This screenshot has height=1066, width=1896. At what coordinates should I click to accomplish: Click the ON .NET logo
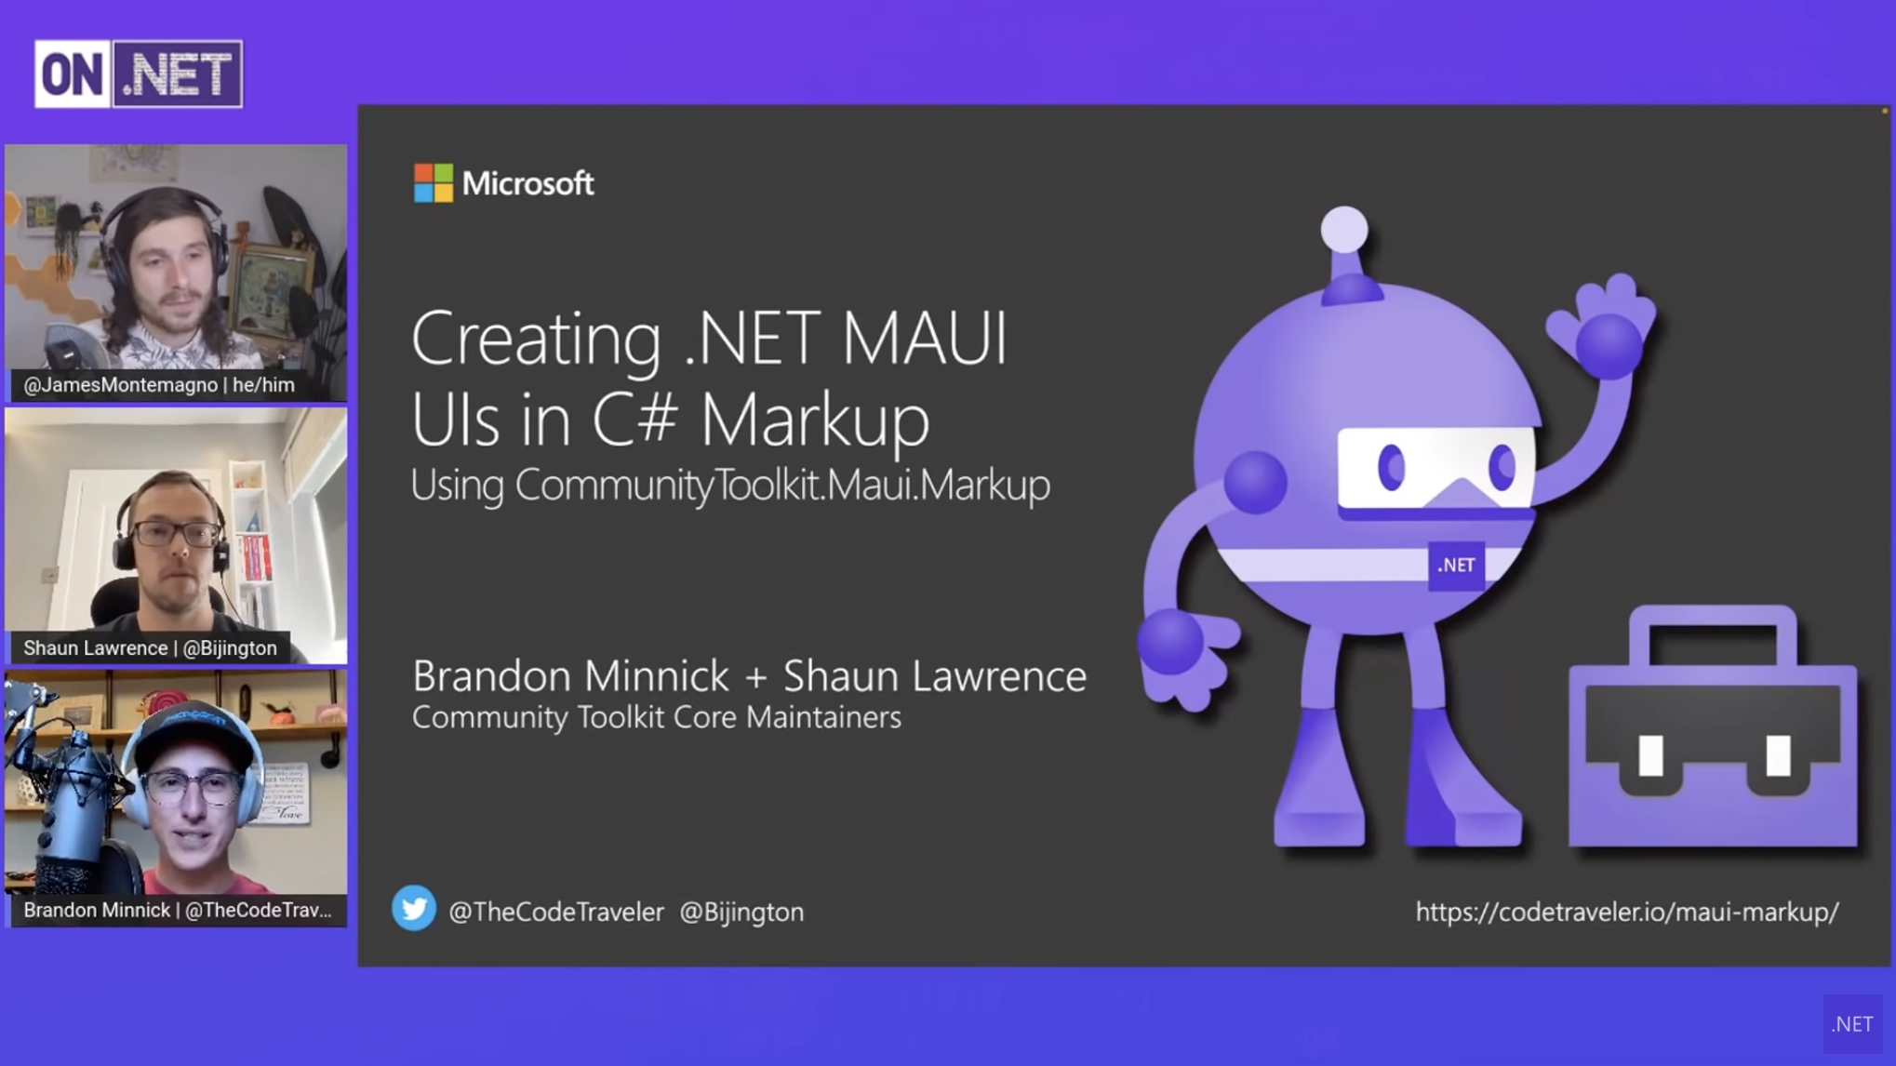tap(139, 73)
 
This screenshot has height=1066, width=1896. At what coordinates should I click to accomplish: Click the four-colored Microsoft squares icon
tap(433, 183)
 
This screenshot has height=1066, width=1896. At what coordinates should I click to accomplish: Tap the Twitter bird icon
tap(414, 909)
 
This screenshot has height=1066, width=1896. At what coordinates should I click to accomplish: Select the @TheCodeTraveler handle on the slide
tap(556, 912)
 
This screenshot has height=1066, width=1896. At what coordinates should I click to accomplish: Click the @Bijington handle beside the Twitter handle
tap(741, 912)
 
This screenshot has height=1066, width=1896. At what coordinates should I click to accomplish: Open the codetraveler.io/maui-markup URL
tap(1627, 912)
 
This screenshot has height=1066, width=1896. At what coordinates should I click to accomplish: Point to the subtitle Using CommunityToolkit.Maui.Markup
tap(730, 485)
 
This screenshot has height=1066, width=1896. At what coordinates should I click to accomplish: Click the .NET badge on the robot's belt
tap(1456, 565)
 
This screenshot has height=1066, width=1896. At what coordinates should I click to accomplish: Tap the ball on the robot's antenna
tap(1344, 230)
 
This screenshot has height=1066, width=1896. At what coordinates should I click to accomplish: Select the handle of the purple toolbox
tap(1714, 628)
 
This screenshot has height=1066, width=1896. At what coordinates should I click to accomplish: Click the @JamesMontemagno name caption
tap(159, 385)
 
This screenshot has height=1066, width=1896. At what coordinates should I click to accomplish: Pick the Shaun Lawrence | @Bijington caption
tap(150, 647)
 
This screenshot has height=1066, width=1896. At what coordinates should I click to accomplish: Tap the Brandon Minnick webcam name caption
tap(178, 911)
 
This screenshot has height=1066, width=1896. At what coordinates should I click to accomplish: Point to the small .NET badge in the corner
tap(1852, 1024)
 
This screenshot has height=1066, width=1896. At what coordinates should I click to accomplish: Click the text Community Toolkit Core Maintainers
tap(657, 717)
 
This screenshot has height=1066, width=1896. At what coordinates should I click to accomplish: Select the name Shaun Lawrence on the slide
tap(935, 676)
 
